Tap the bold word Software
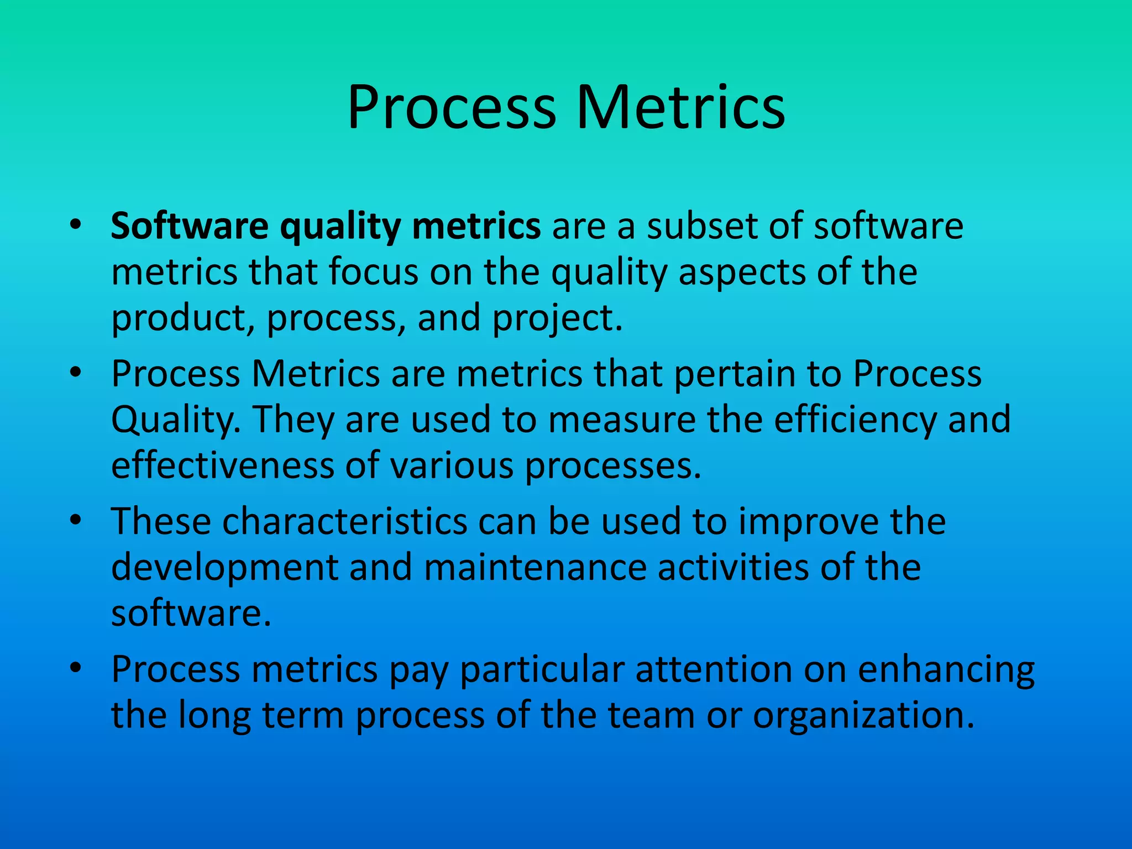(x=190, y=226)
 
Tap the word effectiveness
(x=223, y=465)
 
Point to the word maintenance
(x=535, y=568)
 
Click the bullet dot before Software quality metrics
(x=76, y=225)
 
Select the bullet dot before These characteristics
(x=76, y=521)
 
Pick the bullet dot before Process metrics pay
(x=76, y=668)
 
